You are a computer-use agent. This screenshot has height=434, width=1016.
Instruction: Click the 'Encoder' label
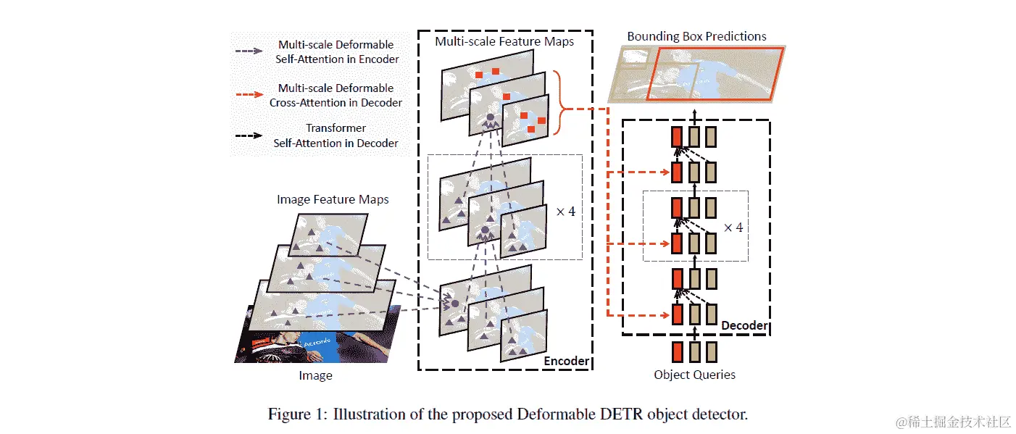(566, 361)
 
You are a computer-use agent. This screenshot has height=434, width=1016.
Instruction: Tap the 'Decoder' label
(744, 325)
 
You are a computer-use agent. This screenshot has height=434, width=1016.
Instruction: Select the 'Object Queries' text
(694, 375)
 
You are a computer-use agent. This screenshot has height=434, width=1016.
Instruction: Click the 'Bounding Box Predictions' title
(696, 36)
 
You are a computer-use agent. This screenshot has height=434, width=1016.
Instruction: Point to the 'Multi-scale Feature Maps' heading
(504, 41)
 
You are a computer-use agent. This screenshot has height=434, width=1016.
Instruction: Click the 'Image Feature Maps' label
(333, 199)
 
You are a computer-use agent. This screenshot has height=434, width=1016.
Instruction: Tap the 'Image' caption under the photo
(316, 375)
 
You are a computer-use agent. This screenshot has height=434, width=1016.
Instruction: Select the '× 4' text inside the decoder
(733, 227)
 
